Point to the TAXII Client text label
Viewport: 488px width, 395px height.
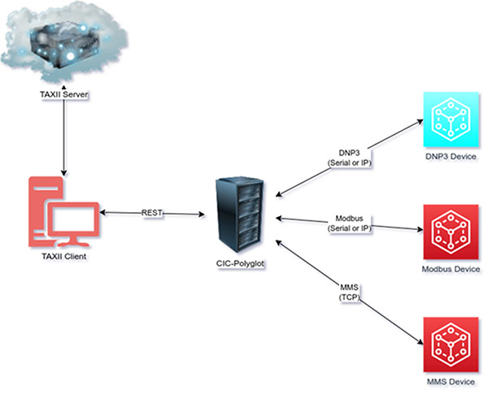click(x=62, y=257)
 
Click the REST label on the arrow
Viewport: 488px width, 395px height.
click(x=150, y=213)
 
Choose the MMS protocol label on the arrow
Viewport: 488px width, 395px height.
click(x=348, y=287)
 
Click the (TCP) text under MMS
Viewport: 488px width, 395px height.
click(x=348, y=298)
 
